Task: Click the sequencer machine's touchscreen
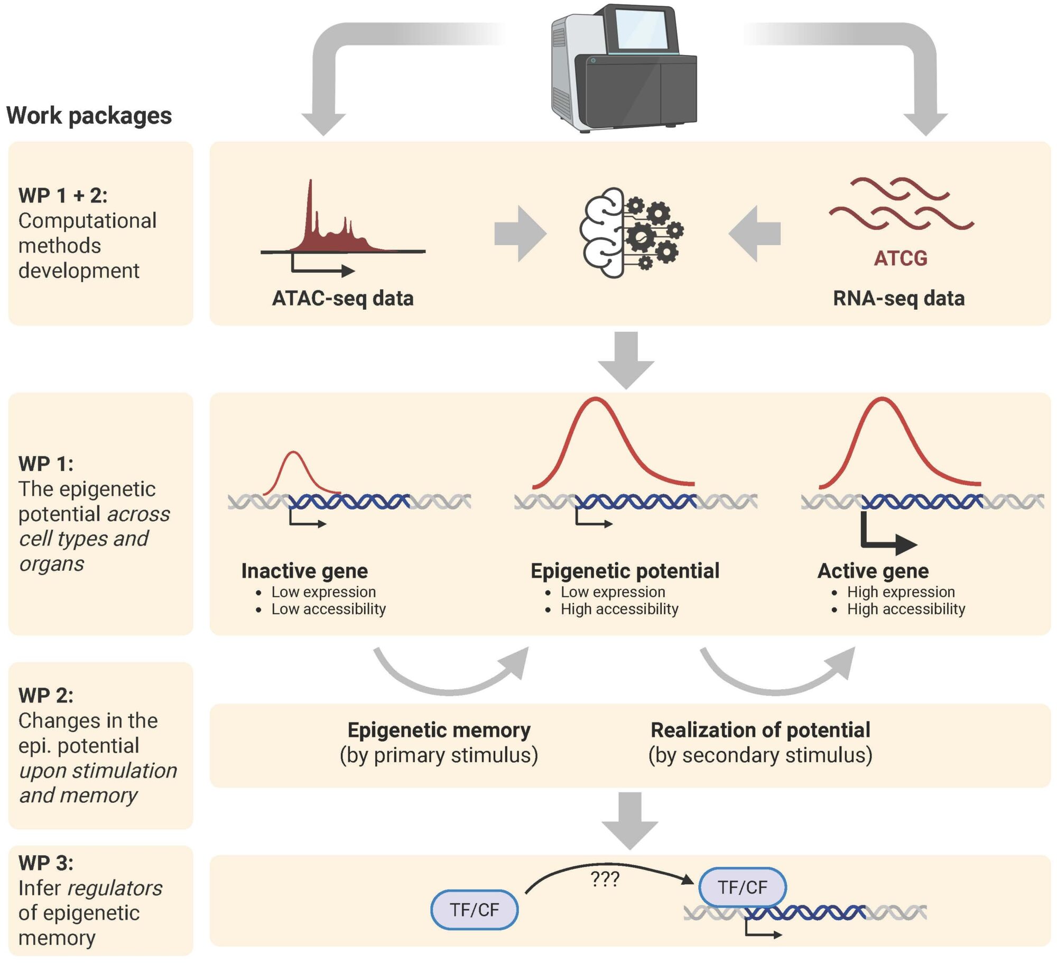(641, 31)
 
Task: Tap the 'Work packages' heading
(89, 115)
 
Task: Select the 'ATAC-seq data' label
(342, 298)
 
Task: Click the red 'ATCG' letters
(900, 258)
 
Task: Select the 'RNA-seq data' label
(898, 298)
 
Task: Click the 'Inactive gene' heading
(304, 571)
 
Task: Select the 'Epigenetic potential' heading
(625, 571)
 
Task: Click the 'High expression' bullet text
(901, 592)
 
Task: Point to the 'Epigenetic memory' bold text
(439, 730)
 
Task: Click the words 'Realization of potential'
(760, 730)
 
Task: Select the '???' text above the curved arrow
(605, 878)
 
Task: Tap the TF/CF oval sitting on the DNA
(742, 887)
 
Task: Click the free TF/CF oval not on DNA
(474, 910)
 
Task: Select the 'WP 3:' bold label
(46, 863)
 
